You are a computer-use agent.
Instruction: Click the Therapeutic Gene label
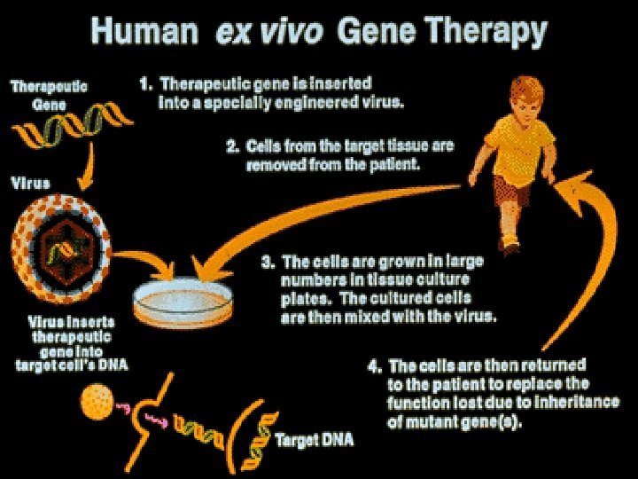[49, 96]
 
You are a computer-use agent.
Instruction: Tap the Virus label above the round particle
[30, 185]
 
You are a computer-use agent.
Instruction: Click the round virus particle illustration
[60, 237]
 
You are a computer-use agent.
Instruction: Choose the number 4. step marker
[375, 365]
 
